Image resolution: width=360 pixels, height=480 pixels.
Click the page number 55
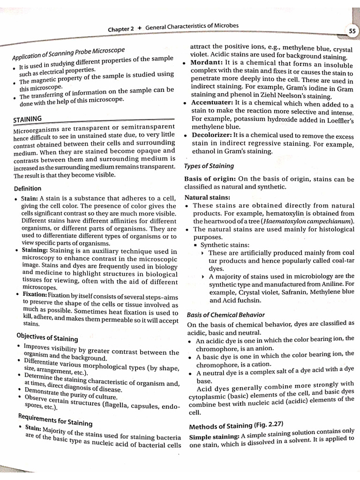[x=352, y=31]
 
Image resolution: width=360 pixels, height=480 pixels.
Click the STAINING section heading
[x=28, y=119]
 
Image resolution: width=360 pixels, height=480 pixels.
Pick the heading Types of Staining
[x=209, y=166]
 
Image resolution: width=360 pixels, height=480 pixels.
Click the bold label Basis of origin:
[x=210, y=179]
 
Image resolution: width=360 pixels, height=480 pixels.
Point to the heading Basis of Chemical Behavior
[x=225, y=315]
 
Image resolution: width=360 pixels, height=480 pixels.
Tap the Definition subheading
[x=28, y=188]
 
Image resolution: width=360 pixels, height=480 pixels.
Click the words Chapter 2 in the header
[x=121, y=29]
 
